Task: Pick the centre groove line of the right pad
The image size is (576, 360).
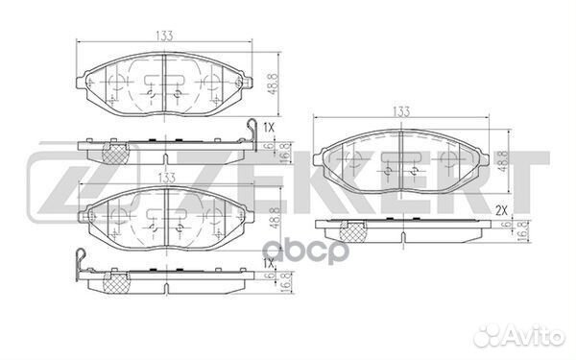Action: [x=401, y=160]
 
